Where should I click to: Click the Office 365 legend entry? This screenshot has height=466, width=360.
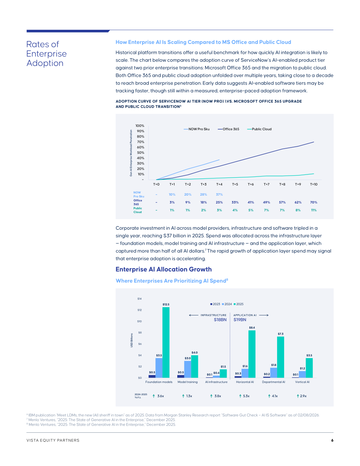click(228, 129)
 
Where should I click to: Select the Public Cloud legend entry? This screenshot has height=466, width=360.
click(259, 129)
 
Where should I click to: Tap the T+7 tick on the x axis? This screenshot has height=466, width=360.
click(266, 184)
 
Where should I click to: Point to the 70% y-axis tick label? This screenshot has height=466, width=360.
click(140, 142)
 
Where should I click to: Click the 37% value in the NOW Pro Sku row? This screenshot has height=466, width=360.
click(220, 194)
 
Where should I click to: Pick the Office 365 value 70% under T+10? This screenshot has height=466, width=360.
click(313, 202)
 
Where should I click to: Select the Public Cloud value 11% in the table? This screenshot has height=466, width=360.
click(313, 210)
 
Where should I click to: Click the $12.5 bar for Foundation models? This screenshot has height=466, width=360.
click(166, 342)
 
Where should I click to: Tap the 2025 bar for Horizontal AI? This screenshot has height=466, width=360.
click(252, 354)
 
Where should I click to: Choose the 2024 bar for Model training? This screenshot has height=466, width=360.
click(187, 369)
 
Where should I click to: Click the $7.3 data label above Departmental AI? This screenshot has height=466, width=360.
click(281, 334)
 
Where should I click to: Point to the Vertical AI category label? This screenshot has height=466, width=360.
click(302, 382)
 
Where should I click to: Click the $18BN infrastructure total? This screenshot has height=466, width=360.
click(220, 320)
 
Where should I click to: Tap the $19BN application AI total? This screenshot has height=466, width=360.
click(240, 320)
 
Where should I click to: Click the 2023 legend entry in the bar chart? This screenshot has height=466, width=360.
click(215, 304)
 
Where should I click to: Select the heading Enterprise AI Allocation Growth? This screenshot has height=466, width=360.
click(164, 269)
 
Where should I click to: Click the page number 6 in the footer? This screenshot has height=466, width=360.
click(332, 440)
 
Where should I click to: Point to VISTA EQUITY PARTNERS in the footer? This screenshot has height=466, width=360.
click(53, 440)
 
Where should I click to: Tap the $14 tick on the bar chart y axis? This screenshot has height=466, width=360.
click(139, 299)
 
